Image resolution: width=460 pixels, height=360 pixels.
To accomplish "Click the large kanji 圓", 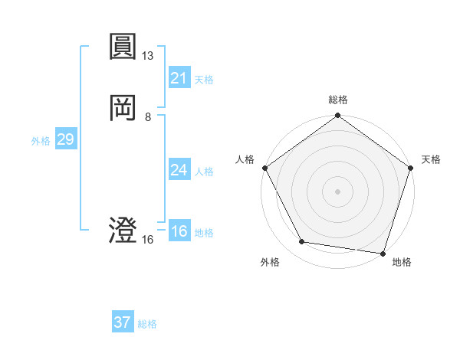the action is pos(123,47).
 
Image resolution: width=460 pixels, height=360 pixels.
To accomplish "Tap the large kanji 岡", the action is pos(123,109).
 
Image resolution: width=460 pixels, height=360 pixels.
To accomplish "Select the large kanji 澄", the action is pos(123,231).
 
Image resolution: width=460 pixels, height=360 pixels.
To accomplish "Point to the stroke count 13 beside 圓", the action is pos(148,56).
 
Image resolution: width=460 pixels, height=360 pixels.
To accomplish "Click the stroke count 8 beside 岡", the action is pos(148,117).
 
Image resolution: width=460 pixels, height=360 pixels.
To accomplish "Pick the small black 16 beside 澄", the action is pos(148,240).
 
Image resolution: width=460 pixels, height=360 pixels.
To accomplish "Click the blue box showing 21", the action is pos(179,78).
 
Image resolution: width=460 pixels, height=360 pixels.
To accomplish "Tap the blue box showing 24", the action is pos(179,170).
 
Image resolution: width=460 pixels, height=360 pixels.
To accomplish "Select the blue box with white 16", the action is pos(179,231).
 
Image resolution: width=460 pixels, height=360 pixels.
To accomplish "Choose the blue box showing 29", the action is pos(65,140).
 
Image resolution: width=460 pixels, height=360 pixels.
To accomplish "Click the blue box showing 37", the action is pos(122,322).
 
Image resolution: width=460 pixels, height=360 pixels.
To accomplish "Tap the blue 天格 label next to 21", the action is pos(204,80).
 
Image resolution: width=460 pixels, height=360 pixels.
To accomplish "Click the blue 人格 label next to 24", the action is pos(204,172).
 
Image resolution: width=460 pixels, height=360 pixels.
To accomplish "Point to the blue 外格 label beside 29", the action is pos(41,141).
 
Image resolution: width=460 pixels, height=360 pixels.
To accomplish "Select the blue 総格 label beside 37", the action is pos(147,324).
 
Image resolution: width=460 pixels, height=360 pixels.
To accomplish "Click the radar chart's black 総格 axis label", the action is pos(338,100).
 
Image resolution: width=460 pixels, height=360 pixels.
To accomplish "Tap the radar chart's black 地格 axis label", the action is pos(402,262).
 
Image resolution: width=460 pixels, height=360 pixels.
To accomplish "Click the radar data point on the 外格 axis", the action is pos(302,242).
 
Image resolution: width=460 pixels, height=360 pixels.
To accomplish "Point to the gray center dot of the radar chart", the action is pos(337,191).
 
